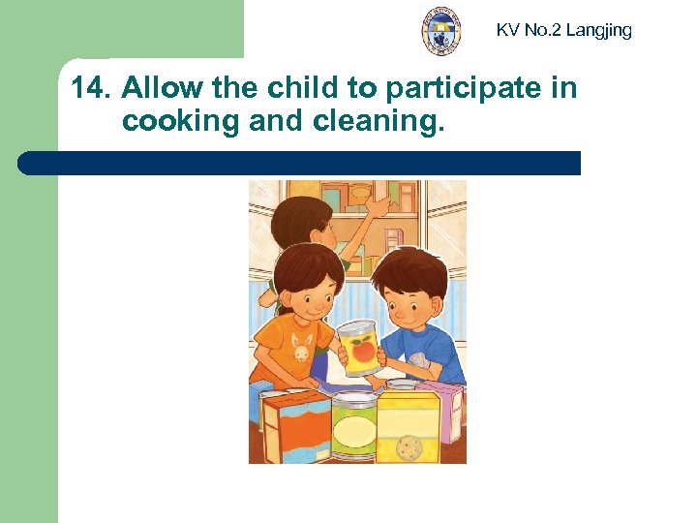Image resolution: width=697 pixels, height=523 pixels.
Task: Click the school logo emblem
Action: tap(441, 31)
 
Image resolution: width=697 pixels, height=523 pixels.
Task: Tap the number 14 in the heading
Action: tap(89, 89)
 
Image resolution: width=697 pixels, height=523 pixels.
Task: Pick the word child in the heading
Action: tap(312, 89)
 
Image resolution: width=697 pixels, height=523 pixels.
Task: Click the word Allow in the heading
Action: tap(158, 89)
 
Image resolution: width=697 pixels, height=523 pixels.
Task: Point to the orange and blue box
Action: tap(295, 426)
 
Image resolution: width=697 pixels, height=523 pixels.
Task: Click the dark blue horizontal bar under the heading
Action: tap(300, 163)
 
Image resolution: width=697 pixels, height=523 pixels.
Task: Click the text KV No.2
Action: tap(529, 30)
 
